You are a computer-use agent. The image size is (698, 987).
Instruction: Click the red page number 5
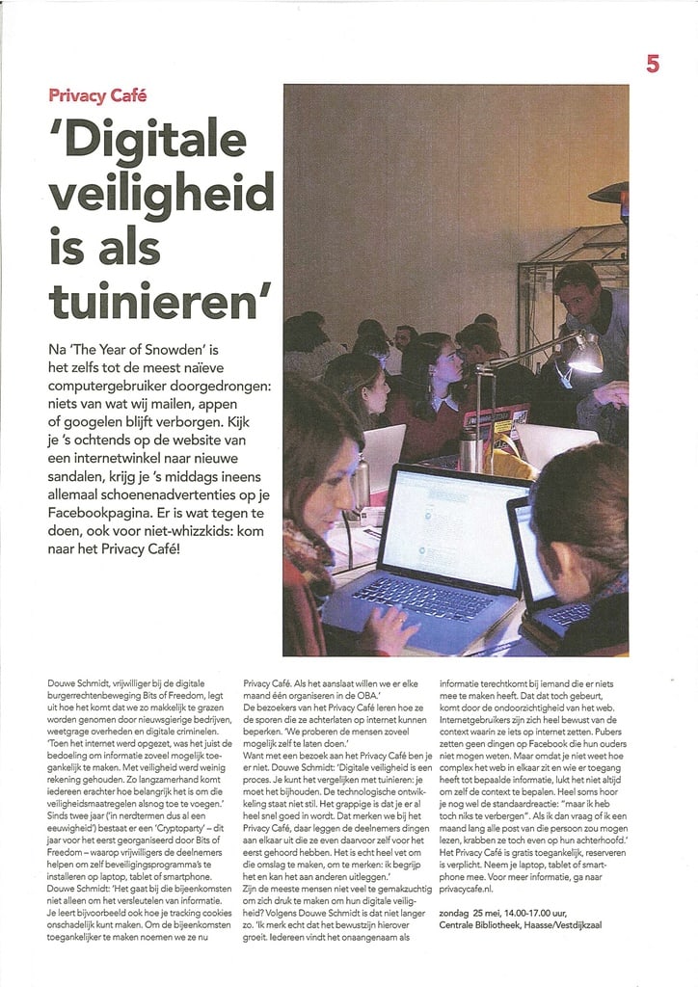click(653, 64)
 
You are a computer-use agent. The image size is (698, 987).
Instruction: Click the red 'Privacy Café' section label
click(97, 95)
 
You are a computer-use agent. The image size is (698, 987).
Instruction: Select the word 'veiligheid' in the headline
click(161, 196)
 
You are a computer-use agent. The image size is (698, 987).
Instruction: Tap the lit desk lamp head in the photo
click(583, 356)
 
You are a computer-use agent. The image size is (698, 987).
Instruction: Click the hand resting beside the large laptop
click(389, 630)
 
